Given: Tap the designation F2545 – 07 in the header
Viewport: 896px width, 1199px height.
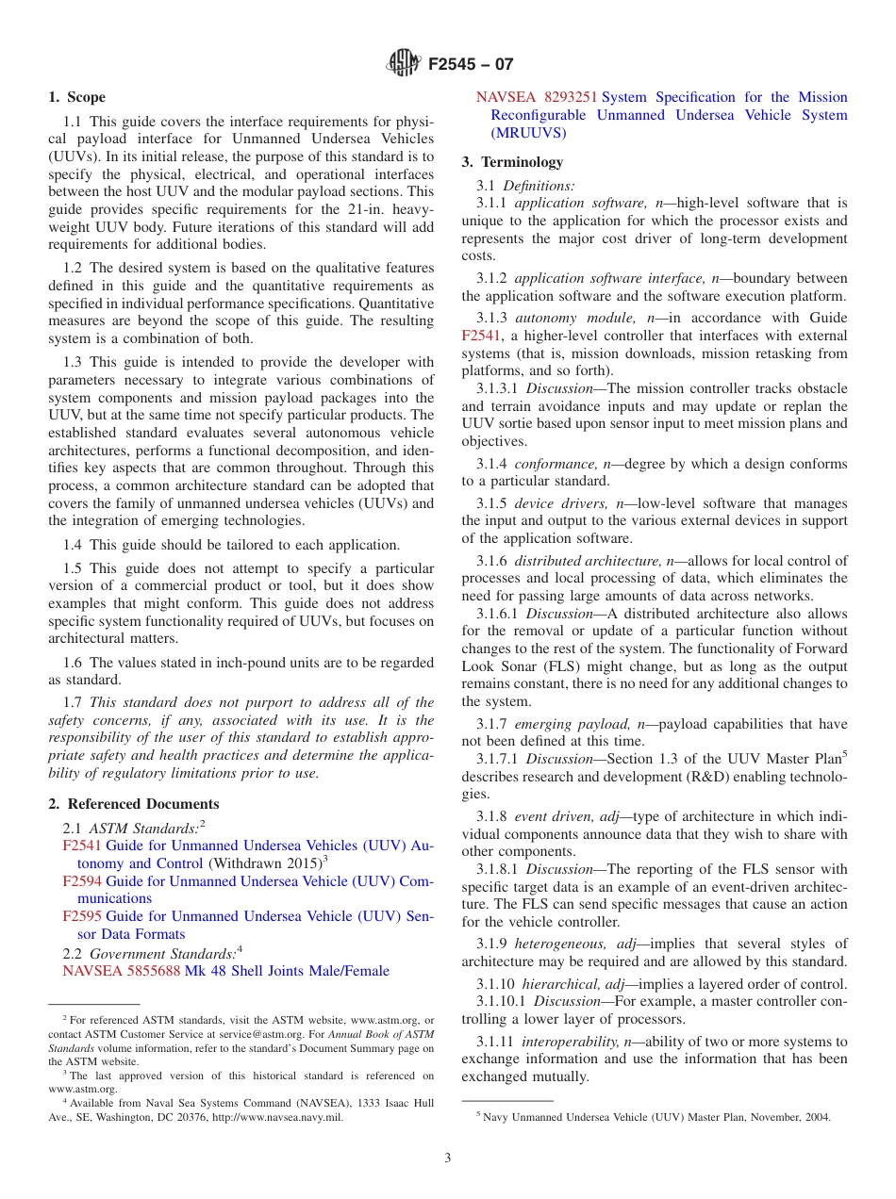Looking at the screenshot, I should [470, 65].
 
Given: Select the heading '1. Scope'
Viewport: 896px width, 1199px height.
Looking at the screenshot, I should [76, 97].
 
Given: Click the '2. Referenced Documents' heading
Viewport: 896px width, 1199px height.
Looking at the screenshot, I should [133, 804].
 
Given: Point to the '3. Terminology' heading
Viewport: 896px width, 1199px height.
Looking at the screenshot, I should [512, 162].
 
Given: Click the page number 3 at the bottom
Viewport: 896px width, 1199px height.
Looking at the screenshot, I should [448, 1158].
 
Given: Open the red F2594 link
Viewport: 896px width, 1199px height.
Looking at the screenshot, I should [82, 881].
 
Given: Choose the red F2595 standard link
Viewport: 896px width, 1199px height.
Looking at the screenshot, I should [82, 916].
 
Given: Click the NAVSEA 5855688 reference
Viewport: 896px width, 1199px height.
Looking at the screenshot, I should [121, 971].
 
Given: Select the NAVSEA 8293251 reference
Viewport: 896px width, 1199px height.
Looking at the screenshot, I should [537, 97].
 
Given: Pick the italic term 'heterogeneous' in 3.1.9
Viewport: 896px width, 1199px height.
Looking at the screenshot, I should [562, 944].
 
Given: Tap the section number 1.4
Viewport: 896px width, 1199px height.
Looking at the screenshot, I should [73, 545].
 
